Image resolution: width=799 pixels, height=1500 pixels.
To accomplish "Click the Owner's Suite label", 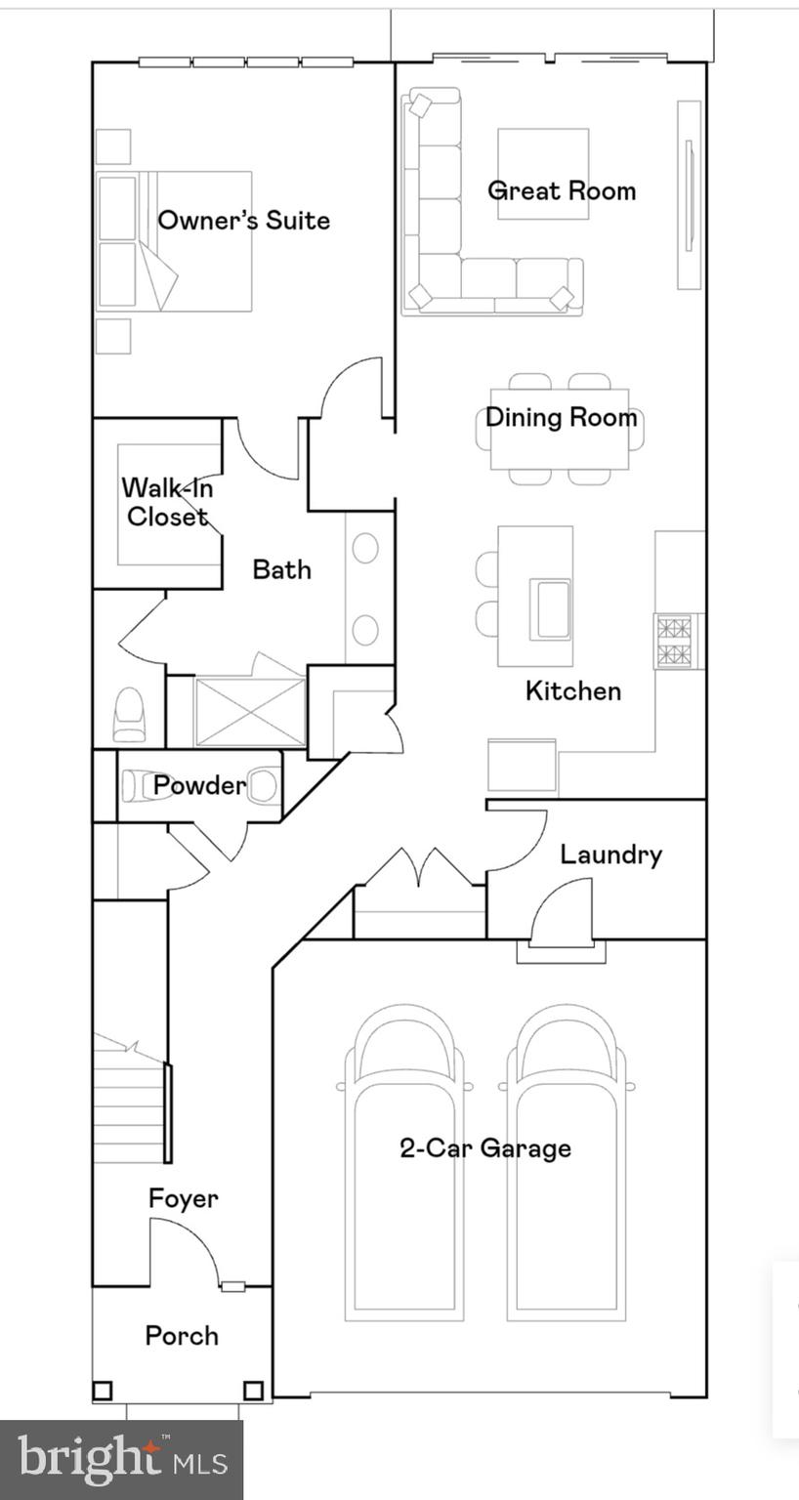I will click(x=243, y=220).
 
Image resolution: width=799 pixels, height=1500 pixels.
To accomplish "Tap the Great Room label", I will click(x=562, y=190).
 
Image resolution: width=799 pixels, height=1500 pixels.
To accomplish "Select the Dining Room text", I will click(x=561, y=417).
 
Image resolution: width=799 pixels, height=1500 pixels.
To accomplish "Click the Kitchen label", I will click(x=572, y=690).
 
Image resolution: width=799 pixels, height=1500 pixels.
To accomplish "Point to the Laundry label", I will click(x=610, y=854).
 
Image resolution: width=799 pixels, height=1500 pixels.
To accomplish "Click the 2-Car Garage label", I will click(x=485, y=1147).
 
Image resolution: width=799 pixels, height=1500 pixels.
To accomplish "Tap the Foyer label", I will click(x=183, y=1198).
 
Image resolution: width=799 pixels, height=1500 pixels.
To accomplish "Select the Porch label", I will click(x=182, y=1335).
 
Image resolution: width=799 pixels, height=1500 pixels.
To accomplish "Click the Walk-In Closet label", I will click(x=167, y=502).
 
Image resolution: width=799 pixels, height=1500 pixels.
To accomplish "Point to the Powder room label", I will click(x=199, y=785).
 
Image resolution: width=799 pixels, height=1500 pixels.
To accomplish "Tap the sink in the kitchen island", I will click(x=550, y=608).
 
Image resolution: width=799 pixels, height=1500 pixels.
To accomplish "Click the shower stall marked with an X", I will click(x=250, y=713).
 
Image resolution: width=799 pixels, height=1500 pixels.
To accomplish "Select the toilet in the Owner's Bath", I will click(x=130, y=715).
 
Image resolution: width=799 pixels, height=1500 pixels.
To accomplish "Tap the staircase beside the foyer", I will click(x=129, y=1108).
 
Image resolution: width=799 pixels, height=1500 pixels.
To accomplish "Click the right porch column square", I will click(x=253, y=1390).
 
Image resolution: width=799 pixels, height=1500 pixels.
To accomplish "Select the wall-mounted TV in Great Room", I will click(x=690, y=193).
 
